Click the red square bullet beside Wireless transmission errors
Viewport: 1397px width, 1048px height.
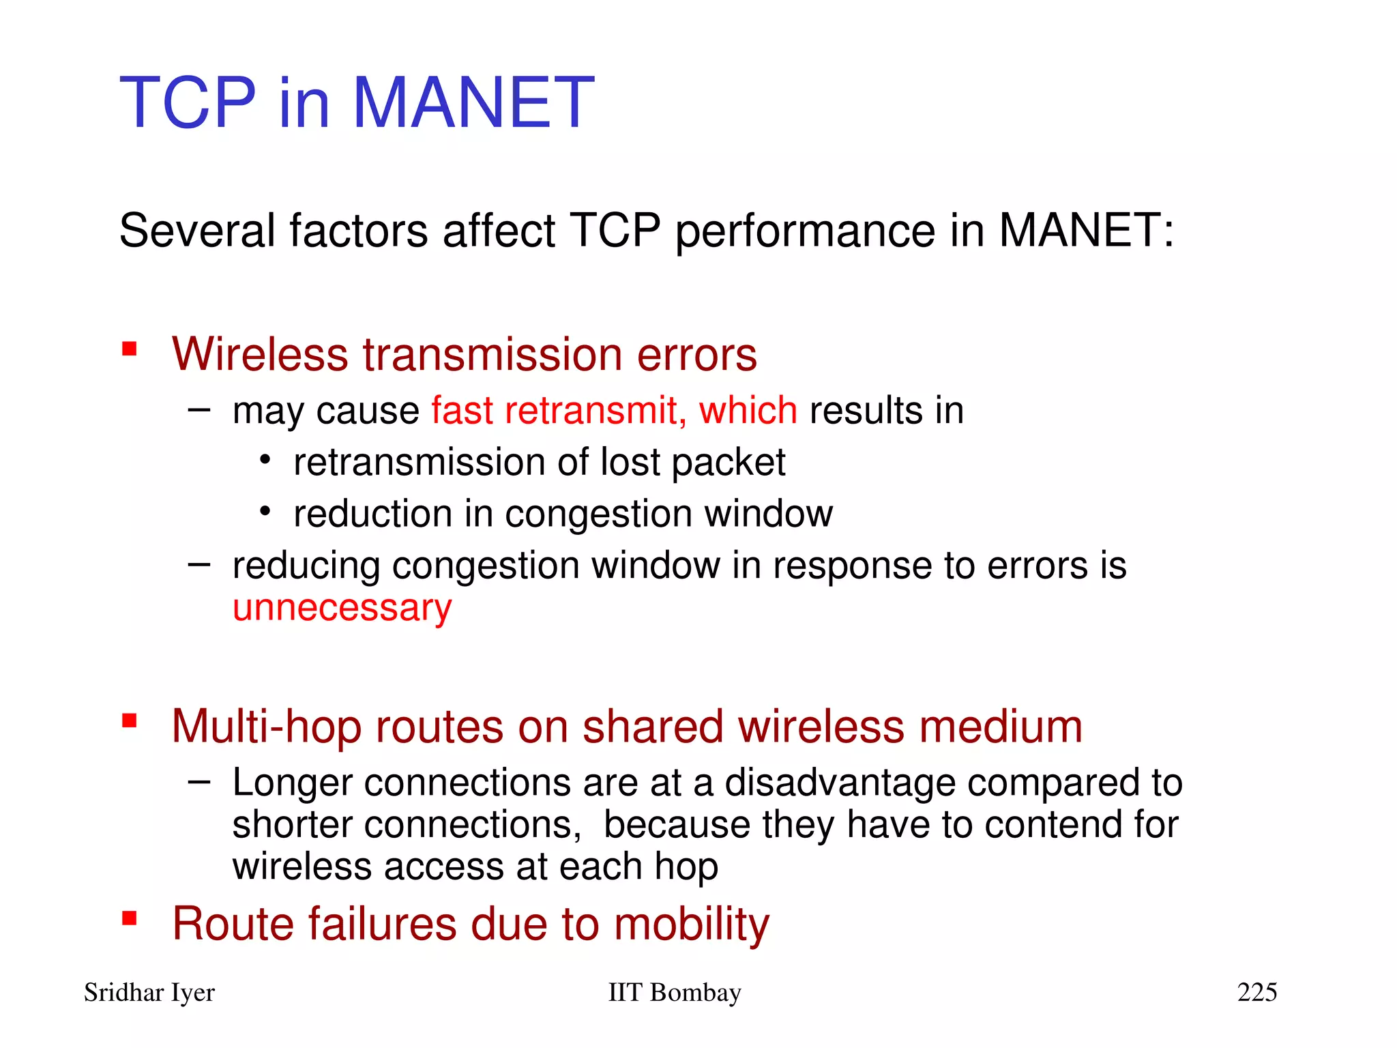[x=130, y=349]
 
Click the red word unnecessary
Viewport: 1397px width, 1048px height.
[x=342, y=609]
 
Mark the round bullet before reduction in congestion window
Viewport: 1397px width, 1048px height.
[x=265, y=511]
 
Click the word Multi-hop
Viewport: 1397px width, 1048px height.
[x=266, y=727]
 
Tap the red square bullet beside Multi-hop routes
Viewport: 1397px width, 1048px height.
[x=130, y=720]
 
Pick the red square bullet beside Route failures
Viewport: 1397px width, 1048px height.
[x=130, y=918]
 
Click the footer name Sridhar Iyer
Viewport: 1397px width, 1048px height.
[x=149, y=993]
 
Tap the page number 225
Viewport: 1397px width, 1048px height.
[x=1256, y=992]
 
